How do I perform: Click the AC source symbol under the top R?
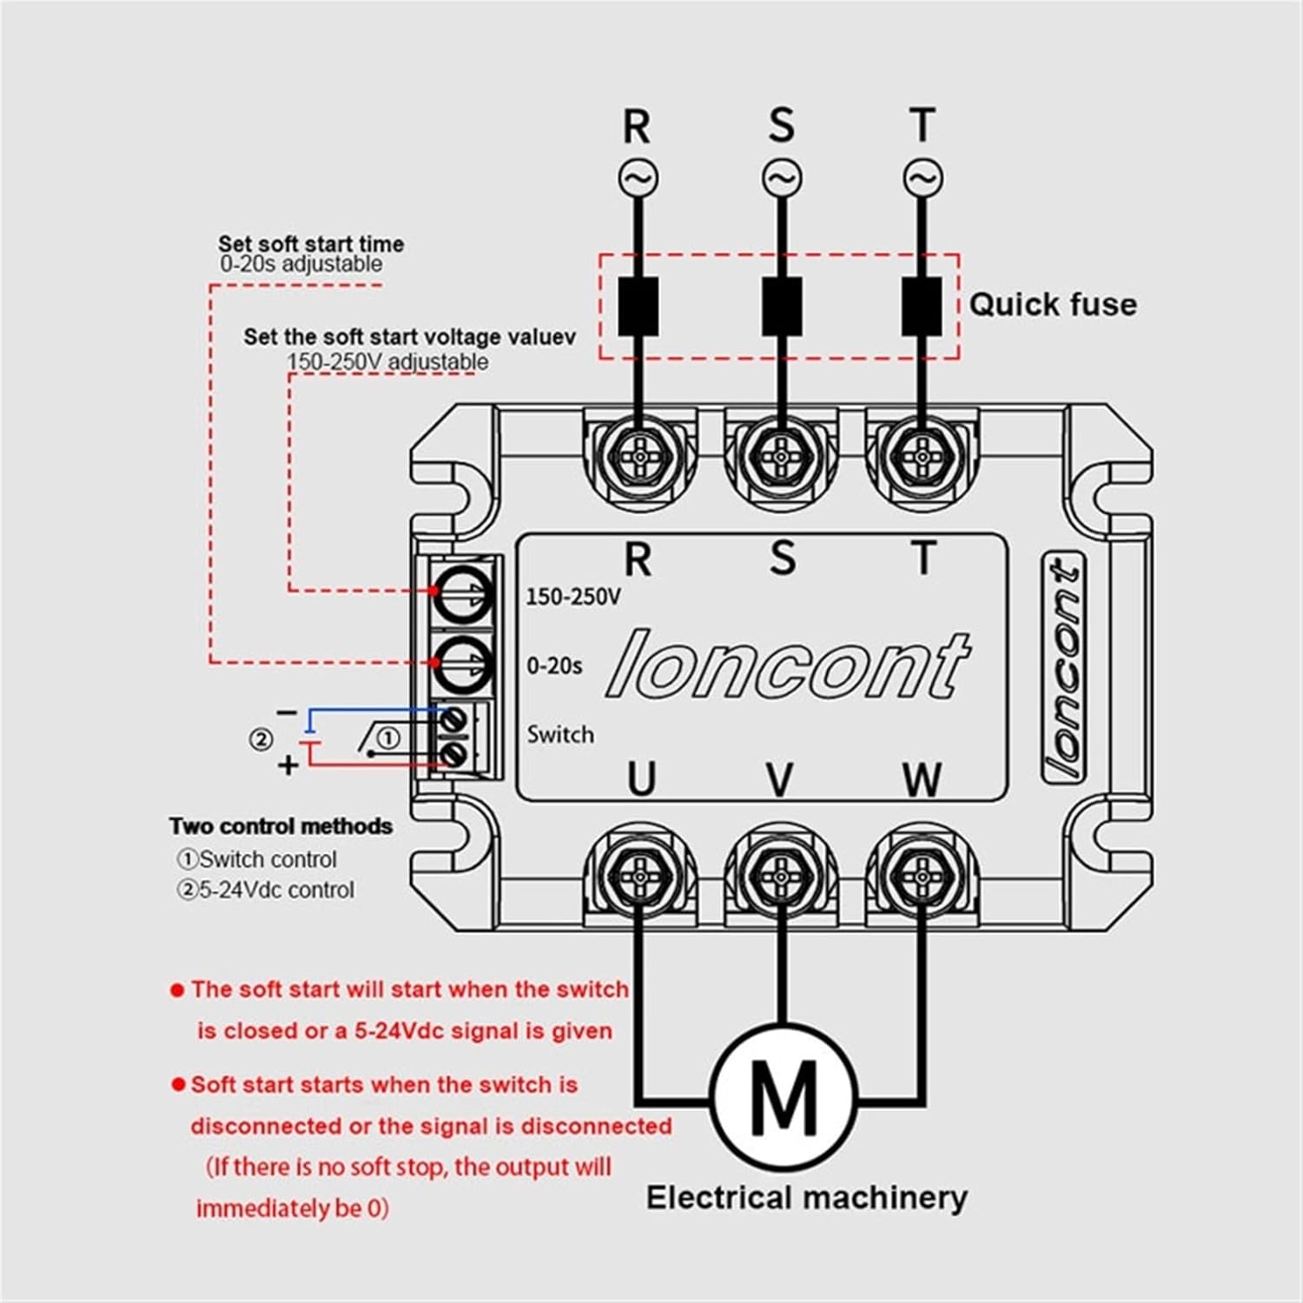[638, 178]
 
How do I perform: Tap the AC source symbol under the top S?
[781, 178]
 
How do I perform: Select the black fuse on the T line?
[922, 307]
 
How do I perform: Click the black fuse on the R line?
[638, 307]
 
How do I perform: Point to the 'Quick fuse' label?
[1052, 305]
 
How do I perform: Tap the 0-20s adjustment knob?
[463, 665]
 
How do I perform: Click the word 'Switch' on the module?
[560, 735]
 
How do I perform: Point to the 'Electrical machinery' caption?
[806, 1198]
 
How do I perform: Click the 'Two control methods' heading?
[281, 826]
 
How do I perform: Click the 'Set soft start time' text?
[310, 244]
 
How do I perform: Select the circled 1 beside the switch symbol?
[388, 738]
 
